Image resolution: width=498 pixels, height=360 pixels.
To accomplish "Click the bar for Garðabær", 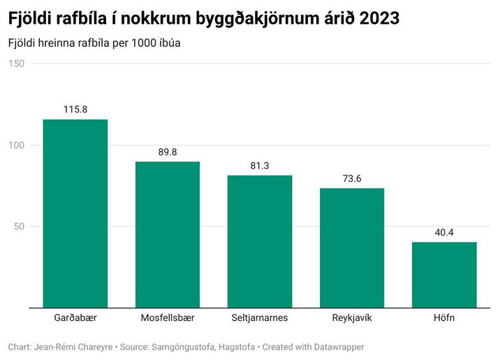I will point(75,213).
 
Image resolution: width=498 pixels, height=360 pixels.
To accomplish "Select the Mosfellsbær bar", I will point(168,234).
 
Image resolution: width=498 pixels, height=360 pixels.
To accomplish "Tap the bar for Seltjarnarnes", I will point(260,241).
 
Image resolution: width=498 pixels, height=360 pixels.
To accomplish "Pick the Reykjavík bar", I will point(352,247).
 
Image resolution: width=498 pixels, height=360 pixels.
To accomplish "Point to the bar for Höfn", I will point(444,275).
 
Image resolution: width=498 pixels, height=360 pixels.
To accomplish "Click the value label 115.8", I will point(75,110).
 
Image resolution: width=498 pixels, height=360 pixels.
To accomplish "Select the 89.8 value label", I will point(168,152).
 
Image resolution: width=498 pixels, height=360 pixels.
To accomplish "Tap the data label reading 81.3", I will point(260,166).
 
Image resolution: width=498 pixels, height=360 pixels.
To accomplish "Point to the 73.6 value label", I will point(352,178).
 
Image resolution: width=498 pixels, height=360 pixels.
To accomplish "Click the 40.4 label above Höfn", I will point(444,232).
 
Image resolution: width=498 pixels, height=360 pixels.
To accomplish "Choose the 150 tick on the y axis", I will point(16,64).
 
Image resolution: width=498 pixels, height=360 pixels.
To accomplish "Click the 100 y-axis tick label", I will point(16,145).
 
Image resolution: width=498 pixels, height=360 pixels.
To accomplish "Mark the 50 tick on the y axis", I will point(19,226).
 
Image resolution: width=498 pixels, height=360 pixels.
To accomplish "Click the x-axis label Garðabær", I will point(75,318).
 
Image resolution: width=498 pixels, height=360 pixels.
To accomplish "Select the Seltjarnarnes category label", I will point(260,318).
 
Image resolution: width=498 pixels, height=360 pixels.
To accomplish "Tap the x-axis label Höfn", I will point(444,318).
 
